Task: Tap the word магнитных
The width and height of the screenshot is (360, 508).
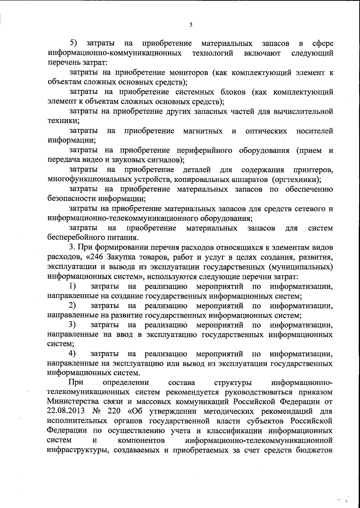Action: (203, 131)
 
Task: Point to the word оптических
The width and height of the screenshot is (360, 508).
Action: (266, 131)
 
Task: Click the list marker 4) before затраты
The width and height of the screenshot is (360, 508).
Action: (72, 354)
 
